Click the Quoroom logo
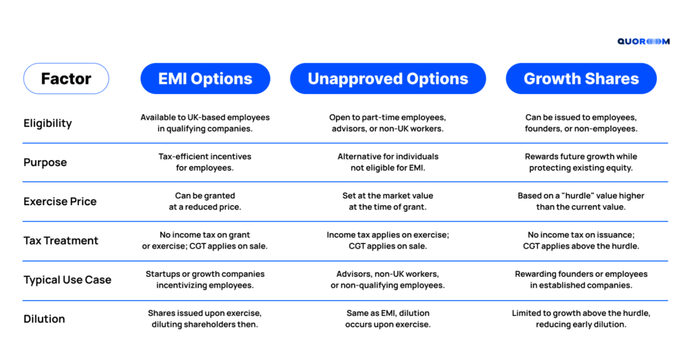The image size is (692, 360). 643,41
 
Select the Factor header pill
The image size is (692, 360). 66,78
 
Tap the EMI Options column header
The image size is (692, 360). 205,78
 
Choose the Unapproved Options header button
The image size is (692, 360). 388,78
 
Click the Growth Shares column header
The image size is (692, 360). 581,78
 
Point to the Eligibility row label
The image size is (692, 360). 48,123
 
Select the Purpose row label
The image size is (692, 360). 45,162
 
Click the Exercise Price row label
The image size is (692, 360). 60,202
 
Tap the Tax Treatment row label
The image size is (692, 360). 61,240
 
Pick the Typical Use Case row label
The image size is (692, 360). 67,280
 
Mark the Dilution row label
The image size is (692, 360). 44,319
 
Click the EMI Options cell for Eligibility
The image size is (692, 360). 205,123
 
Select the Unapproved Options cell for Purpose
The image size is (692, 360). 388,162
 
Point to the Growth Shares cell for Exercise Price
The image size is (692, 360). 581,201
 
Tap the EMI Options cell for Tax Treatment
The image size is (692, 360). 205,240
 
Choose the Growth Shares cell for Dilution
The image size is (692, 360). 581,319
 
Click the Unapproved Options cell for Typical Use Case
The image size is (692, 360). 388,280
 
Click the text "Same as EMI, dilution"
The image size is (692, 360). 388,313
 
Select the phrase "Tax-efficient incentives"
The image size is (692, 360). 205,157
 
